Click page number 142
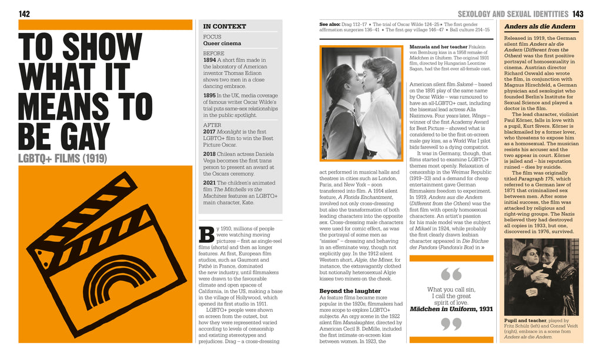coord(25,14)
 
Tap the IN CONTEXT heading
coord(225,26)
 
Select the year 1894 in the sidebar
coord(210,60)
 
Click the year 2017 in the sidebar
coord(210,132)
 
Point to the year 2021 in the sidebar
coord(210,182)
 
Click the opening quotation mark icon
coord(451,274)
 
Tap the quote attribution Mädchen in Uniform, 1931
coord(451,308)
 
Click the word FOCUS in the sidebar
coord(212,36)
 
